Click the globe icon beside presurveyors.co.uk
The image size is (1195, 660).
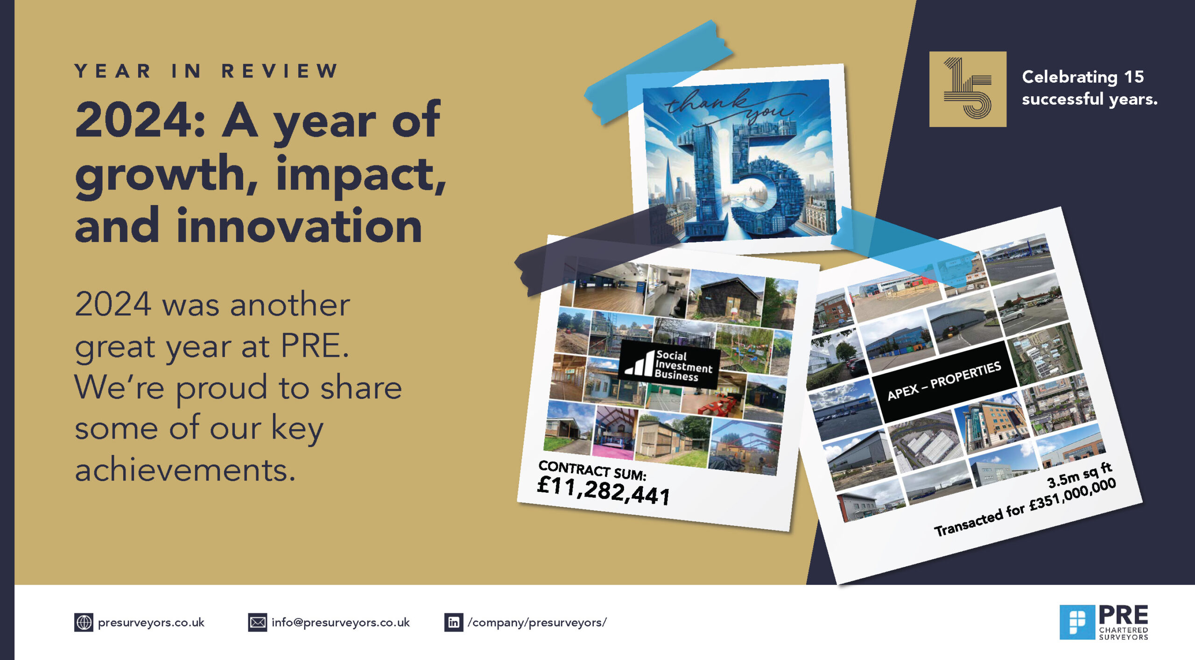point(84,623)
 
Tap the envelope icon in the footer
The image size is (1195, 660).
point(257,623)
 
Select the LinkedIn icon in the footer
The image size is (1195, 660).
point(453,623)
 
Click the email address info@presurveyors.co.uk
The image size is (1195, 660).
point(340,623)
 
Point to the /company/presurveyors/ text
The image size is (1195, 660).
point(537,623)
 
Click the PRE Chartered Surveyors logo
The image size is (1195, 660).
point(1104,622)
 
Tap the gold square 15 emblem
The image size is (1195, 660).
point(967,89)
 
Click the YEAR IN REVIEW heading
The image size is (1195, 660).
point(206,71)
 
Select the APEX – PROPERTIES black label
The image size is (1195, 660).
point(944,381)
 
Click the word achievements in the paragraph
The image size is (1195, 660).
point(185,470)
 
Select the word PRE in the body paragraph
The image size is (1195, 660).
point(314,346)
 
